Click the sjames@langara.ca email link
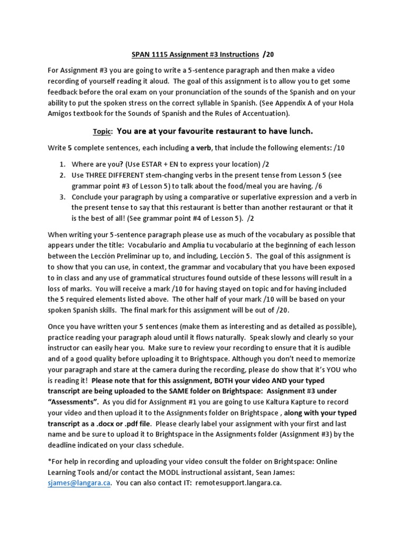[x=79, y=483]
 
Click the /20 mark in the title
[x=268, y=54]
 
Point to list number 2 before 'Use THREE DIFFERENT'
[x=62, y=175]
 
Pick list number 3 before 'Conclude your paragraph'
[x=62, y=197]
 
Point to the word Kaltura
[x=266, y=402]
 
